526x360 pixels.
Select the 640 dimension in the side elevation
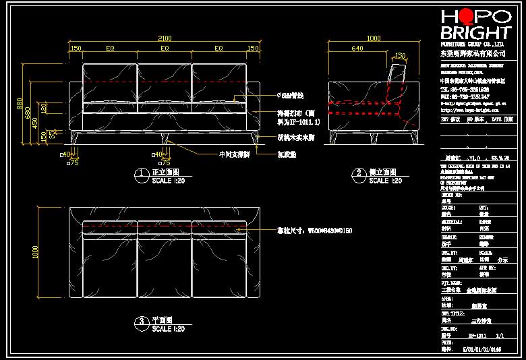coord(357,49)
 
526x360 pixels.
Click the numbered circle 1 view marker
coord(141,175)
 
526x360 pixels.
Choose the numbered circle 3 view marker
coord(141,324)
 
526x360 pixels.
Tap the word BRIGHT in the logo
coord(475,32)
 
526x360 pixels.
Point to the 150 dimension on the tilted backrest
coord(400,56)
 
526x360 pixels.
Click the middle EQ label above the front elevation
coord(164,49)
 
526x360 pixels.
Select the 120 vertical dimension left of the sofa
coord(44,107)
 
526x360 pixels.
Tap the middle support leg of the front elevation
coord(164,138)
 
